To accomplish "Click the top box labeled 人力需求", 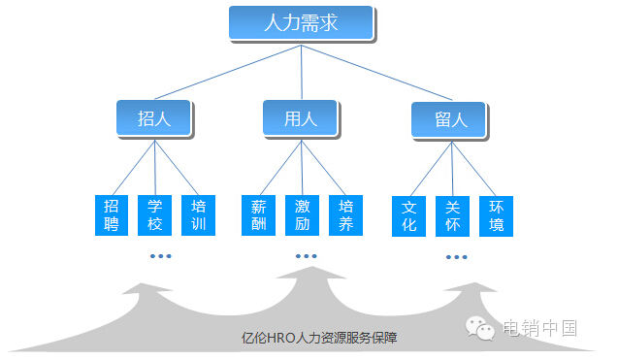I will pos(301,22).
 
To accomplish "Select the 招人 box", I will pos(153,119).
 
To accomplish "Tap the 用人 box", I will pos(300,119).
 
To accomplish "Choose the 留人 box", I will pos(451,121).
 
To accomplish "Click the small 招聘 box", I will pos(112,215).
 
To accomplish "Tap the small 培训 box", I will pos(198,215).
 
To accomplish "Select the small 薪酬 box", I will pos(258,215).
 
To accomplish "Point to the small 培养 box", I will pos(345,215).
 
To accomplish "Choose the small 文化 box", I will pos(408,215).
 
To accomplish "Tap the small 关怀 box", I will pos(452,215).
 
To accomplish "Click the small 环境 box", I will pos(496,215).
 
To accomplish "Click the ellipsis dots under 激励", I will pos(306,256).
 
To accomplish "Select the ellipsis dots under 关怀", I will pos(457,257).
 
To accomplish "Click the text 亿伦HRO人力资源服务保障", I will pos(319,338).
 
